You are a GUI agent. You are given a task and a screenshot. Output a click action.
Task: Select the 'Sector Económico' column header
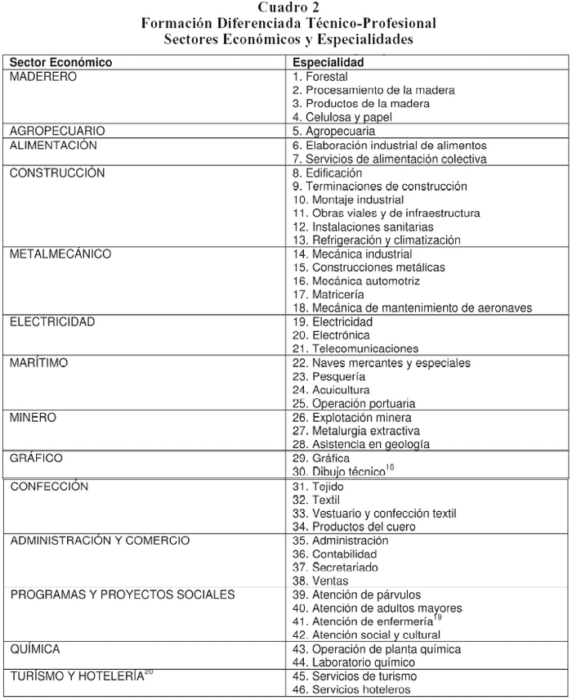[x=60, y=62]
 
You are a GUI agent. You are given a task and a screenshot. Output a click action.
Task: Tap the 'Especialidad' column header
[x=328, y=62]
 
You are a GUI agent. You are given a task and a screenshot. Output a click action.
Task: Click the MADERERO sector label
[x=43, y=76]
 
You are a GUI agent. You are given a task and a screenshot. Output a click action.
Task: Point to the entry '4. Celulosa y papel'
[x=342, y=117]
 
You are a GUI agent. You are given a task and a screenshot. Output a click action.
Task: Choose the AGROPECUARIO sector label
[x=57, y=131]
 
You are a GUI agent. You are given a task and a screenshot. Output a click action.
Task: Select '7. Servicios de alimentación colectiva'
[x=389, y=159]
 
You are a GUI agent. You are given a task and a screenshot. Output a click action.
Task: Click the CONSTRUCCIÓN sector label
[x=58, y=173]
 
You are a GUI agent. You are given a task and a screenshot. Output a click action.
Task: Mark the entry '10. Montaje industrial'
[x=348, y=200]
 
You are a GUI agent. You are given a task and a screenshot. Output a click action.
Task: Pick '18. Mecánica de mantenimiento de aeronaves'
[x=412, y=307]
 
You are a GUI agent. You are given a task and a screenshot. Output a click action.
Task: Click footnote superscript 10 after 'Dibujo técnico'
[x=389, y=468]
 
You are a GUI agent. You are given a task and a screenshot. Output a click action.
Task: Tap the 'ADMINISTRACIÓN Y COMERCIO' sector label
[x=100, y=541]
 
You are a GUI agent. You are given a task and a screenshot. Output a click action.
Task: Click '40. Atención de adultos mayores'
[x=377, y=608]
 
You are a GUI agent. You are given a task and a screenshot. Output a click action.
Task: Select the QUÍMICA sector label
[x=35, y=648]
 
